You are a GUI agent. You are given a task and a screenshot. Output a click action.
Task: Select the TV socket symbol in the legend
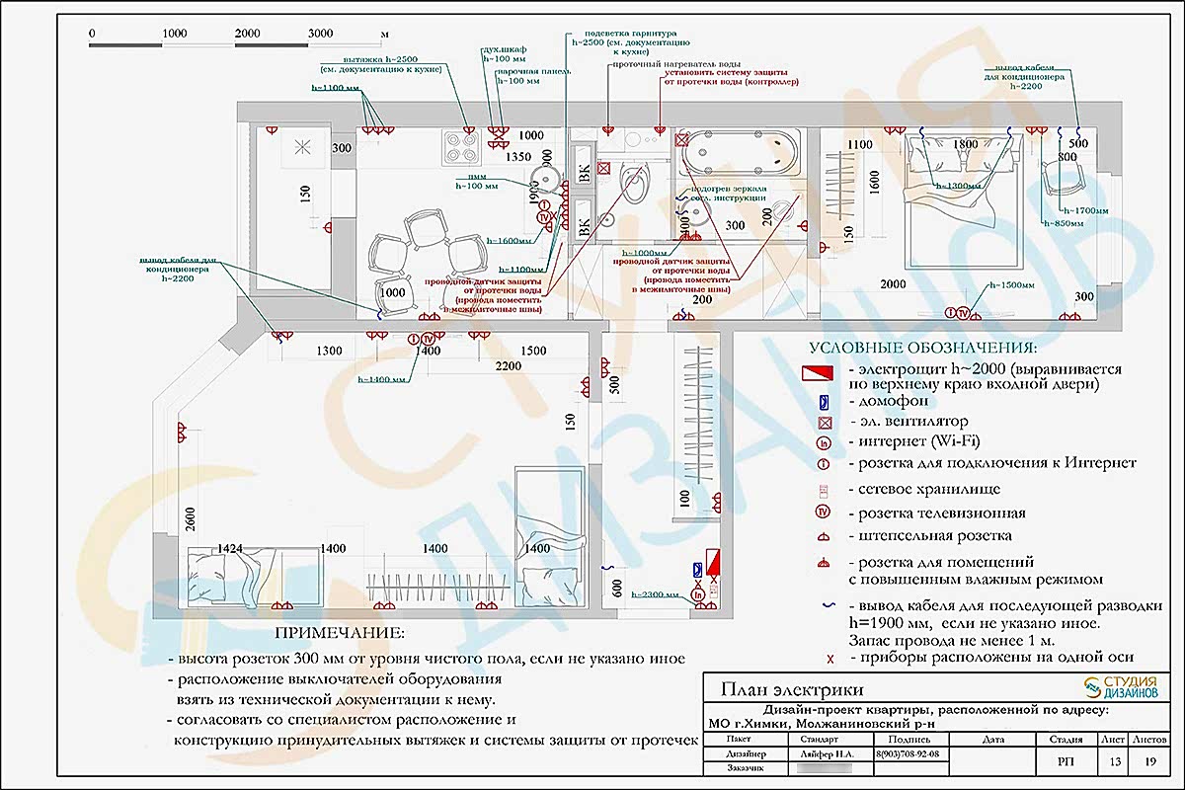[821, 513]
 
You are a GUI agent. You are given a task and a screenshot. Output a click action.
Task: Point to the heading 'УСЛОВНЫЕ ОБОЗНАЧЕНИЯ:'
[923, 349]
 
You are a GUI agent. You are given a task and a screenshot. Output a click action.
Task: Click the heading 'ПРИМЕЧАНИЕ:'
[339, 633]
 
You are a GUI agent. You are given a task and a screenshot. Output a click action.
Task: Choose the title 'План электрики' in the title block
[792, 689]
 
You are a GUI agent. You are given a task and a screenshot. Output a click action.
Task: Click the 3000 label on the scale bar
[321, 34]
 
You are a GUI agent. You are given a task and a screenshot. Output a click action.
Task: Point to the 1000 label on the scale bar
[175, 34]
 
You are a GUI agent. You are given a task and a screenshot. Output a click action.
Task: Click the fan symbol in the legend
[821, 422]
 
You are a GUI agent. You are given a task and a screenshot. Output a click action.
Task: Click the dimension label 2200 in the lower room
[509, 367]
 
